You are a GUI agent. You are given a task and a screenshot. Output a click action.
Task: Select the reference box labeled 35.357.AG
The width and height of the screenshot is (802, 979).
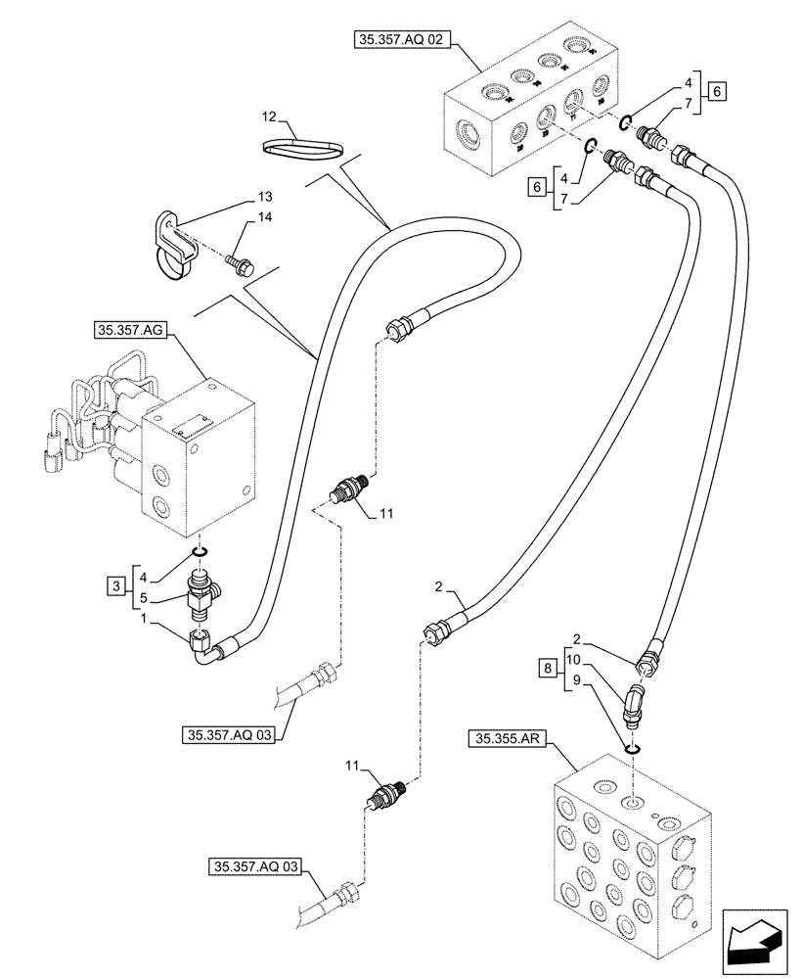click(130, 332)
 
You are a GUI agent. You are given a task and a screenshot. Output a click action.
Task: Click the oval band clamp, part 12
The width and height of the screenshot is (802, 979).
click(305, 148)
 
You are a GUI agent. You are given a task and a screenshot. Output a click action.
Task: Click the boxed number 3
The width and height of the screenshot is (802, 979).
click(117, 586)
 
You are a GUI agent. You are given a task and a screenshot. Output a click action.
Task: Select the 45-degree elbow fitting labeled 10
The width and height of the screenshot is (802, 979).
click(634, 703)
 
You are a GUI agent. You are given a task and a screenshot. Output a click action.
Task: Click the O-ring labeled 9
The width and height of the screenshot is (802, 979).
click(634, 749)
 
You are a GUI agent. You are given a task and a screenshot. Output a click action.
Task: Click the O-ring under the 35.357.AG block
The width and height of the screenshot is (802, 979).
click(200, 553)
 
